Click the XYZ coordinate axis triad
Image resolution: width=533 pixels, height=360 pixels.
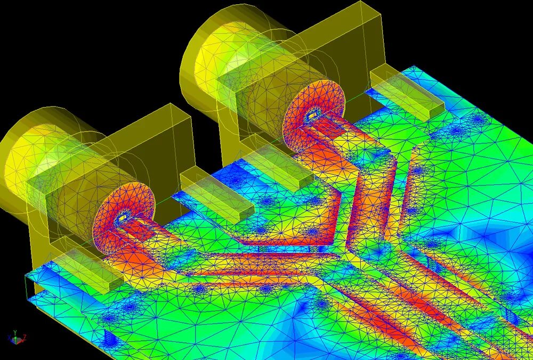(15, 338)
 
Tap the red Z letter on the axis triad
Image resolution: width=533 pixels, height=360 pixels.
(25, 337)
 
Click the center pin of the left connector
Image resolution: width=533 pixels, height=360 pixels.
(123, 217)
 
